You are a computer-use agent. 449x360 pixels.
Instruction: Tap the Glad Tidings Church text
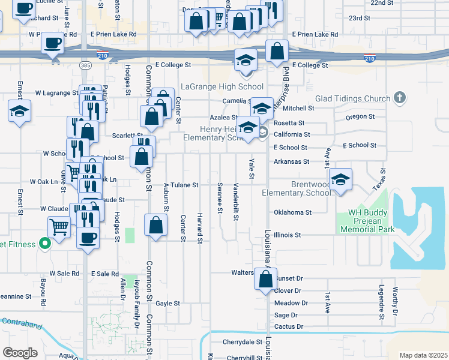352,98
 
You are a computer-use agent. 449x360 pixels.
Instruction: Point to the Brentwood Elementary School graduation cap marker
340,180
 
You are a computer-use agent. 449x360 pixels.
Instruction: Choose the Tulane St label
184,185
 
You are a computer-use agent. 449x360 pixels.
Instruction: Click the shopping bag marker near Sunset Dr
265,279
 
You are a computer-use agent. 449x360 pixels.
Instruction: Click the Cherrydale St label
239,343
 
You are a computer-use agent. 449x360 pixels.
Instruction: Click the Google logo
20,352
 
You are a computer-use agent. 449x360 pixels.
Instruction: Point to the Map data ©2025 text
423,355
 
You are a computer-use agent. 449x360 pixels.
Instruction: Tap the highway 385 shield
86,64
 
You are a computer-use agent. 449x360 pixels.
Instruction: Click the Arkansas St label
291,161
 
